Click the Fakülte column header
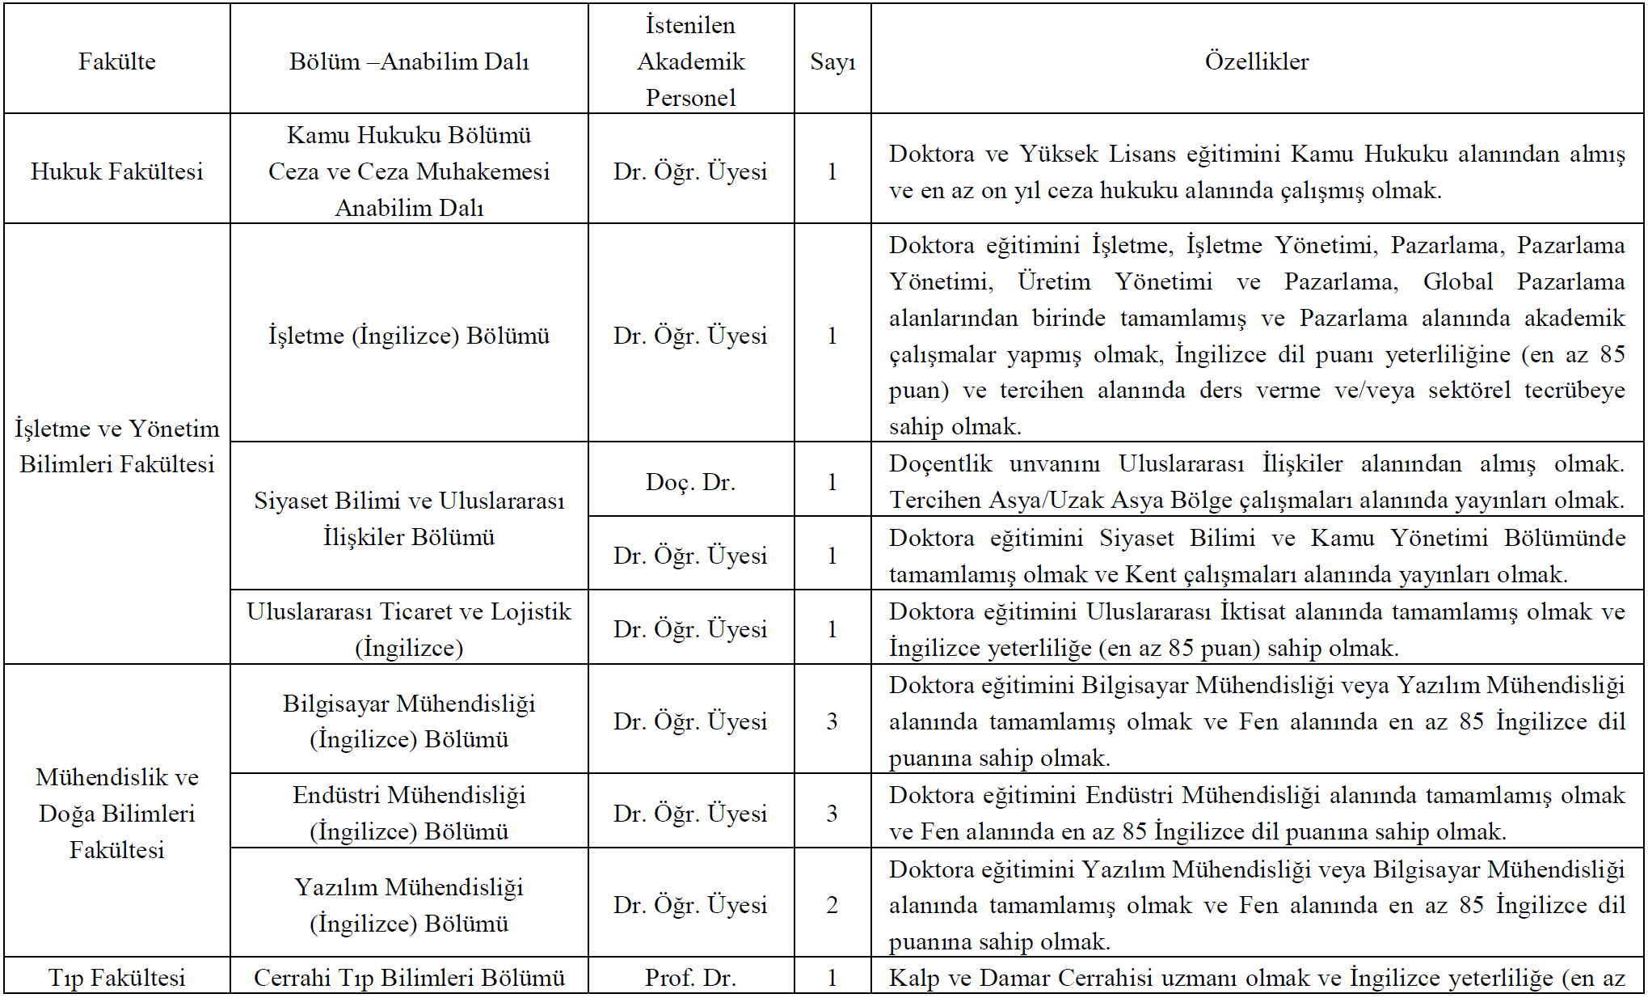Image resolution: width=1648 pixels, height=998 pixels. [x=117, y=61]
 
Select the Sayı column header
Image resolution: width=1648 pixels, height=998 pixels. [x=832, y=61]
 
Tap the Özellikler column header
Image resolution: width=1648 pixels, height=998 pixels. [x=1257, y=61]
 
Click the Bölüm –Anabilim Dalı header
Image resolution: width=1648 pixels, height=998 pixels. [x=409, y=61]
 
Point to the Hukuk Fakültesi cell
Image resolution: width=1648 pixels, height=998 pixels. [x=117, y=171]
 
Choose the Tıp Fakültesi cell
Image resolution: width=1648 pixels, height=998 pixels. [x=117, y=978]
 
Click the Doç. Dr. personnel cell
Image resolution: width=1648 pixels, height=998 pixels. [x=690, y=482]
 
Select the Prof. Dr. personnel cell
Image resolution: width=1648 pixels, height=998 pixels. [x=690, y=978]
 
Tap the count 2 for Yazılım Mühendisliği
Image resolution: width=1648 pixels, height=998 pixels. [x=832, y=905]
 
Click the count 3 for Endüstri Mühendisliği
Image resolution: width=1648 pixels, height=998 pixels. [x=832, y=813]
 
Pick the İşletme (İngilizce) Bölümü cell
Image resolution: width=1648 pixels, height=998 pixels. [x=409, y=336]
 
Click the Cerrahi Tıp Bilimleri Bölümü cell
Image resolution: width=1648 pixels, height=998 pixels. [x=409, y=978]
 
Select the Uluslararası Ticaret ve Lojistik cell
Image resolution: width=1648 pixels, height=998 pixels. [x=409, y=629]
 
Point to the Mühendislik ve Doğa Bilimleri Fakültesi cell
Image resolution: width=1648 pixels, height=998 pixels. [x=117, y=813]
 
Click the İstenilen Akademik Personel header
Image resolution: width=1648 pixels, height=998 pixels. [x=690, y=61]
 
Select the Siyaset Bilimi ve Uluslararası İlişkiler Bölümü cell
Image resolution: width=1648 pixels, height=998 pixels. [x=409, y=518]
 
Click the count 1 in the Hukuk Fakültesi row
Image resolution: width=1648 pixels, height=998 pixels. [x=832, y=171]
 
